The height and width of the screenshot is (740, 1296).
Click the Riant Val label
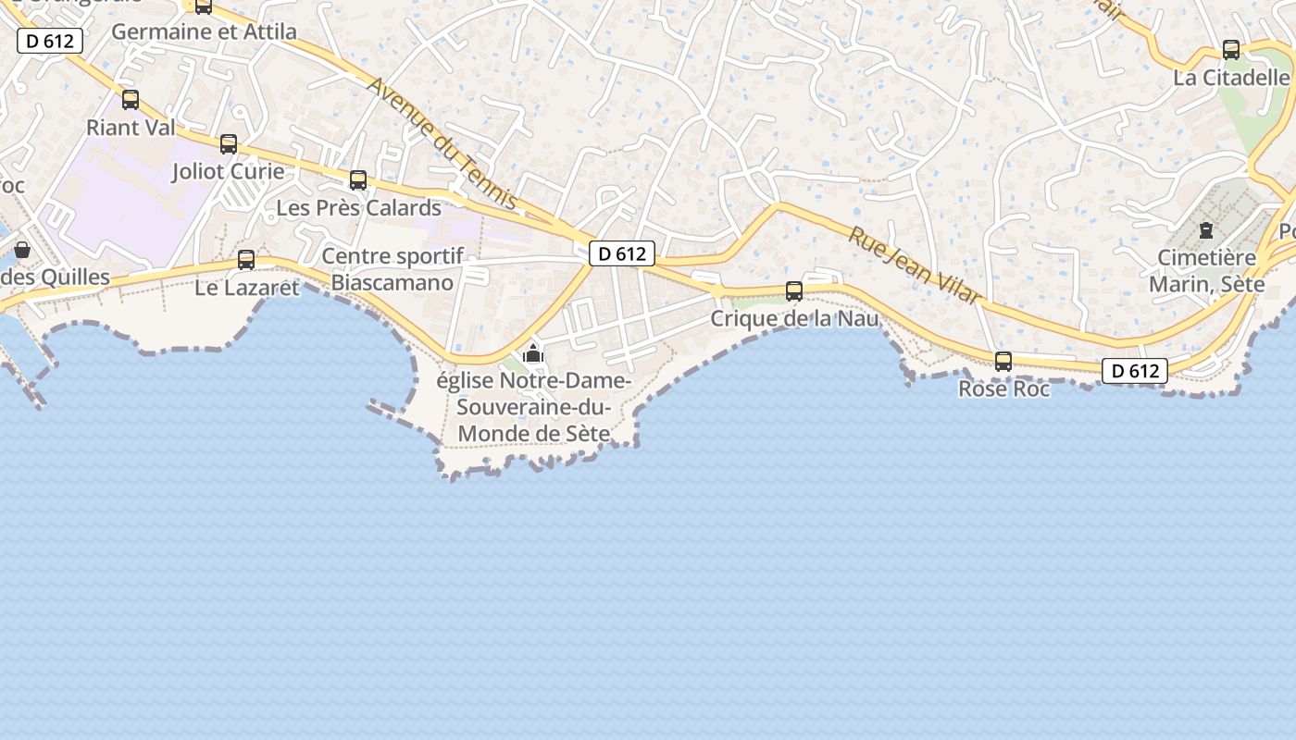(x=130, y=128)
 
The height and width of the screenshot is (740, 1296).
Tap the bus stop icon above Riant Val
(x=131, y=100)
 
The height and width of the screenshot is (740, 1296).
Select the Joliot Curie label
(x=229, y=172)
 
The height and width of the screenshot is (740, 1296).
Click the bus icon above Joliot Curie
(x=229, y=144)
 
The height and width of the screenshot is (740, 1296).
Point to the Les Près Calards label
(x=359, y=208)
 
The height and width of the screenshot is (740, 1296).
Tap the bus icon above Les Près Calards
(x=358, y=180)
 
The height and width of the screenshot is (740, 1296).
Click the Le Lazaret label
(x=247, y=288)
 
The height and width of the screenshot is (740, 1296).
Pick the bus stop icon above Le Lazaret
(x=246, y=260)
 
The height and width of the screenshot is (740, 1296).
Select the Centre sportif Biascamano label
(x=392, y=269)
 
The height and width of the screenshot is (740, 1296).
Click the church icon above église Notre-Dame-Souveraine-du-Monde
(x=533, y=353)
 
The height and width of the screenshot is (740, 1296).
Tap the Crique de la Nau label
(x=794, y=319)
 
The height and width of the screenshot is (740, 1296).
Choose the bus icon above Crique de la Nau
(x=794, y=291)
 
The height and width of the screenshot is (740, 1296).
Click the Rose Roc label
(x=1003, y=389)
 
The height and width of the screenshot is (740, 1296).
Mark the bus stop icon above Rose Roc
(x=1003, y=362)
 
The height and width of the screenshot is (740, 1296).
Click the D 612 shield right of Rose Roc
(x=1134, y=371)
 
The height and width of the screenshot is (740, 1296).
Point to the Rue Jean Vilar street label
(x=915, y=265)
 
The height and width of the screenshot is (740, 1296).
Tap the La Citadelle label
(x=1231, y=78)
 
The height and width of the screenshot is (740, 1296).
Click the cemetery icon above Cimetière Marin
(x=1206, y=229)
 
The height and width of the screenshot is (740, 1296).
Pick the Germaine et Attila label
(x=204, y=32)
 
